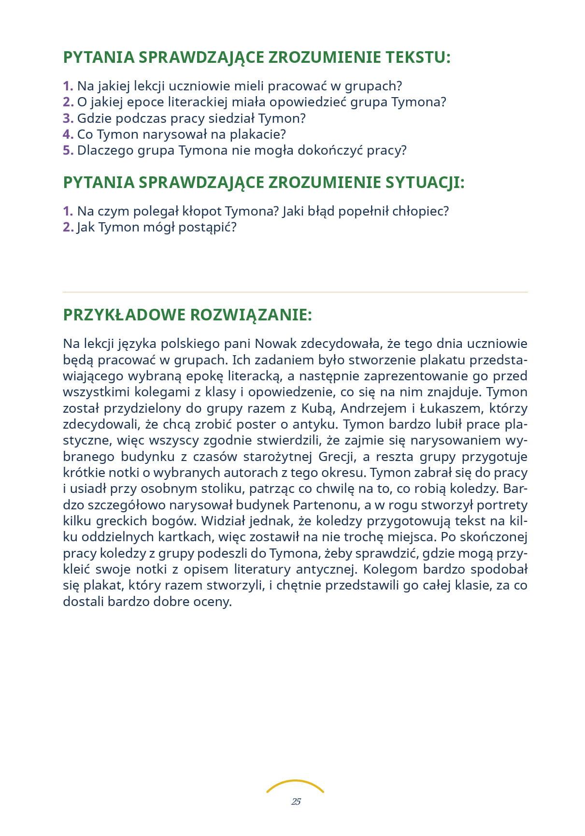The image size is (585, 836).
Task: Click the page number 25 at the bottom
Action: pos(296,801)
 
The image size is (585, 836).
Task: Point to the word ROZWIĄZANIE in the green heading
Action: pos(251,315)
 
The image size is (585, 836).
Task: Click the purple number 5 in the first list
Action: pos(68,150)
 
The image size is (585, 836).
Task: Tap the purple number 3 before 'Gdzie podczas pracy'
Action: pos(68,118)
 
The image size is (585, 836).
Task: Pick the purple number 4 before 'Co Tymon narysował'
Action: pos(68,134)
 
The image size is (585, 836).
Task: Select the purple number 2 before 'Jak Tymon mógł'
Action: pos(68,227)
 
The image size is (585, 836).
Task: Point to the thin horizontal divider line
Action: pos(295,292)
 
